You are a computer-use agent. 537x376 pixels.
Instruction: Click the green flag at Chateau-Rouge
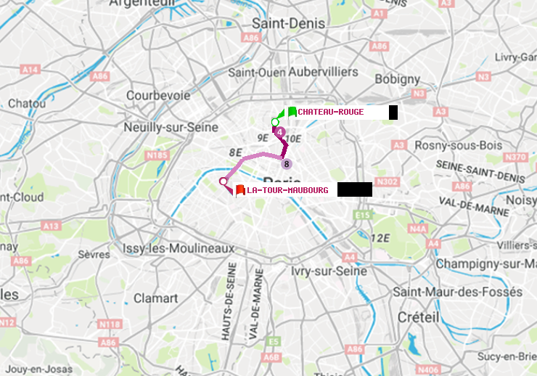click(291, 112)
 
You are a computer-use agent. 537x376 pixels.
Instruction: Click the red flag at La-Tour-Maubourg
click(239, 190)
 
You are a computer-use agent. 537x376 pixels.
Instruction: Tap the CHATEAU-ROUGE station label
click(331, 112)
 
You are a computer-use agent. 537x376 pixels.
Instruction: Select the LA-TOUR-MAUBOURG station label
click(287, 190)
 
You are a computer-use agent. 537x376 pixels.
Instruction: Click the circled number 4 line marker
click(280, 132)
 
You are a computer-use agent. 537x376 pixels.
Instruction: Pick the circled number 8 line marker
click(287, 163)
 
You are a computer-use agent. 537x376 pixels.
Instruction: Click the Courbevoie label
click(158, 95)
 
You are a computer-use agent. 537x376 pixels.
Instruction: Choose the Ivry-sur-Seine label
click(329, 271)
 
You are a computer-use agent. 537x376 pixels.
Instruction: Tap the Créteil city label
click(419, 317)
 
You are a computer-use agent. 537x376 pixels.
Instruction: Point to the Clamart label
click(155, 298)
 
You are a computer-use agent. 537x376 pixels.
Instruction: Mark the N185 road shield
click(157, 155)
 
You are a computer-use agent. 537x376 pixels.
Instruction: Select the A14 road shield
click(30, 70)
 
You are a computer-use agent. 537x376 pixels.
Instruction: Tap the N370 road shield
click(515, 157)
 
